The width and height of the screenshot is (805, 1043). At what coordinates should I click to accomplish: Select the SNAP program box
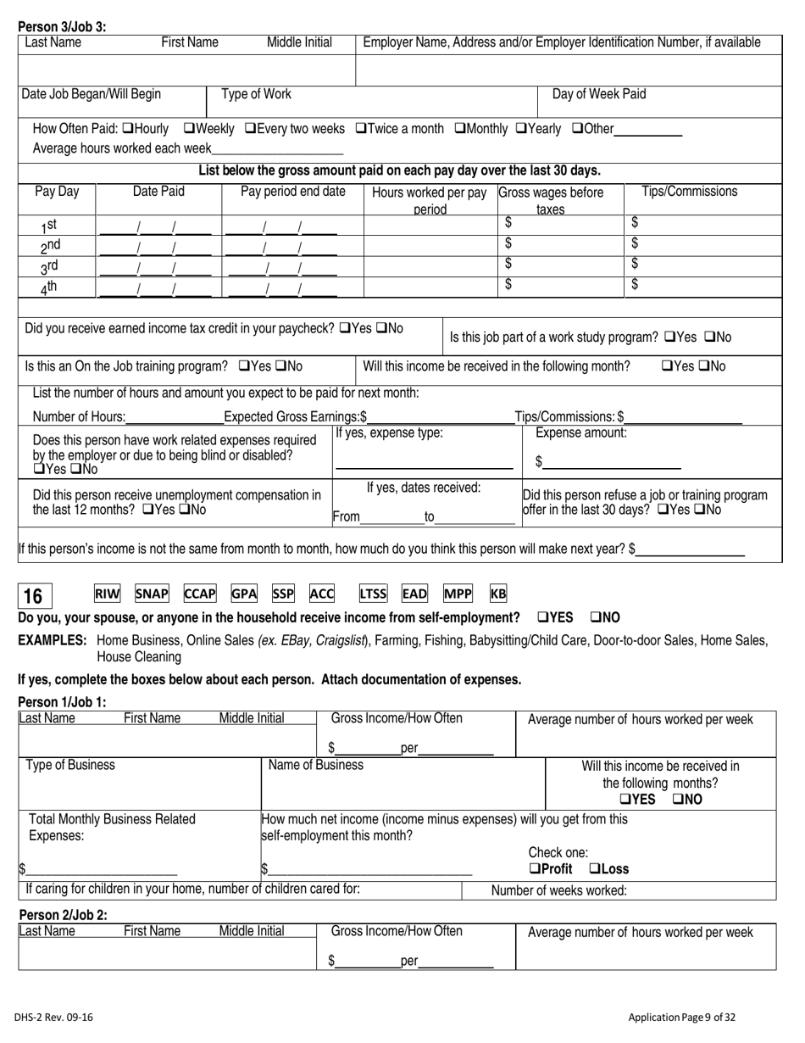152,594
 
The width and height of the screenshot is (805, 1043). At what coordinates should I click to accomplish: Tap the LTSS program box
372,594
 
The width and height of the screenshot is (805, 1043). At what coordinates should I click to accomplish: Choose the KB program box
498,594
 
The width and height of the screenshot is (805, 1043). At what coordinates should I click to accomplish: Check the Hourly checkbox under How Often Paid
128,129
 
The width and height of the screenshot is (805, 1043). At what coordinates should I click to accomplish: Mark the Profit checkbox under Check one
534,869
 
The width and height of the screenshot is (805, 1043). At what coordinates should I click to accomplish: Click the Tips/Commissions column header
690,192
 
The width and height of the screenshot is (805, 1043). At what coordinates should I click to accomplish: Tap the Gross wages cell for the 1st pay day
560,224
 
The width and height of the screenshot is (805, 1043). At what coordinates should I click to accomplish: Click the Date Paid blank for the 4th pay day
155,289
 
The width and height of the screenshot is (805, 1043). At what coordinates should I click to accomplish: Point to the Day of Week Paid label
598,94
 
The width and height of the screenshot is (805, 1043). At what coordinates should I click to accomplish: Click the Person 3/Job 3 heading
62,26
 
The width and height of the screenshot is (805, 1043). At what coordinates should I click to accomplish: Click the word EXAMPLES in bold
53,640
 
